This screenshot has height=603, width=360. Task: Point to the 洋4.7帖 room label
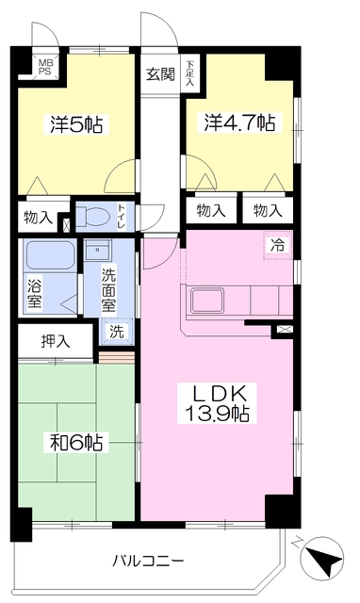(237, 122)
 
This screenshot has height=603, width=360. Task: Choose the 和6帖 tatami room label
(74, 441)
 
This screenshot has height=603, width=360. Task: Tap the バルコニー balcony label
(148, 562)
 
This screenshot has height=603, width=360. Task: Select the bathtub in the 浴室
(47, 255)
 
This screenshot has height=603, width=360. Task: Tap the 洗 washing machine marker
(114, 331)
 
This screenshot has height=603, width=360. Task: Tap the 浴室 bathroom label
(34, 295)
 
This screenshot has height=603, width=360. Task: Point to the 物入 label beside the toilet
(39, 218)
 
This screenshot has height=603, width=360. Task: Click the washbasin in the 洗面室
(99, 253)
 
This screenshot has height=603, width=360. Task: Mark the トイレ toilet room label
(121, 216)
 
